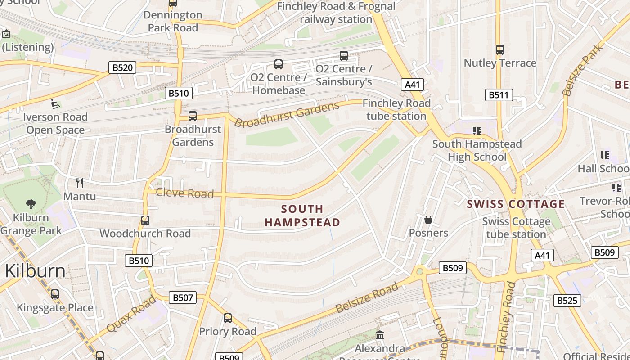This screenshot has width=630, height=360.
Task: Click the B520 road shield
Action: (x=122, y=68)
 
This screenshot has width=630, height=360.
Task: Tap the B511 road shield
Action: (x=499, y=95)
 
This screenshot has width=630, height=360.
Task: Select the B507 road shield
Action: (x=183, y=297)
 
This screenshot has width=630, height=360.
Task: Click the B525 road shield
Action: (x=567, y=301)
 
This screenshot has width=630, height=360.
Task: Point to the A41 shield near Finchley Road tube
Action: (x=412, y=85)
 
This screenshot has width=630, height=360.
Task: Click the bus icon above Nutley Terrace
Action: (x=500, y=50)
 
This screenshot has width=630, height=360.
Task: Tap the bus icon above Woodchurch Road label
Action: (x=145, y=220)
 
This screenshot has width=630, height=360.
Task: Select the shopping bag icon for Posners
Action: (x=428, y=220)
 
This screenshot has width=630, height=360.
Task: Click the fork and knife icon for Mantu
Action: (x=80, y=183)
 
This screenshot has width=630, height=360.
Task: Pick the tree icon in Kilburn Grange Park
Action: (x=31, y=204)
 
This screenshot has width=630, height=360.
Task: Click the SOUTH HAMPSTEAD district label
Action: (x=302, y=216)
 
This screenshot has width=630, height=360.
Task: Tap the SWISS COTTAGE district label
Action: (x=516, y=204)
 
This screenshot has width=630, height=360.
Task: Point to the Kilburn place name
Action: (x=35, y=271)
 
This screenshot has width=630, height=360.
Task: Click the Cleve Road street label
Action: (x=184, y=193)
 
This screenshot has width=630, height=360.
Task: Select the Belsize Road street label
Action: (x=367, y=298)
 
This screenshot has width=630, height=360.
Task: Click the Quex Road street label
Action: (x=131, y=314)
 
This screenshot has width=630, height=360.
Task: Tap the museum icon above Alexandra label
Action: (x=380, y=335)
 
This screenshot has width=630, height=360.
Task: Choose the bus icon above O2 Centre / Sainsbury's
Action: (x=344, y=56)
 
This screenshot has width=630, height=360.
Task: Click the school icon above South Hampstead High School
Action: (x=477, y=131)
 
